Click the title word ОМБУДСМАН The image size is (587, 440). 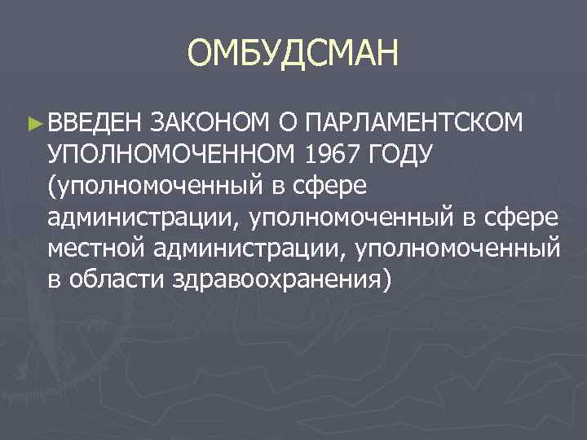[293, 55]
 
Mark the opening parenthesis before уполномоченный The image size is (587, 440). [52, 186]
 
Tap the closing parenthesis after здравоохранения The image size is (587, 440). [386, 279]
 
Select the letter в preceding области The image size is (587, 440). [55, 279]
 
